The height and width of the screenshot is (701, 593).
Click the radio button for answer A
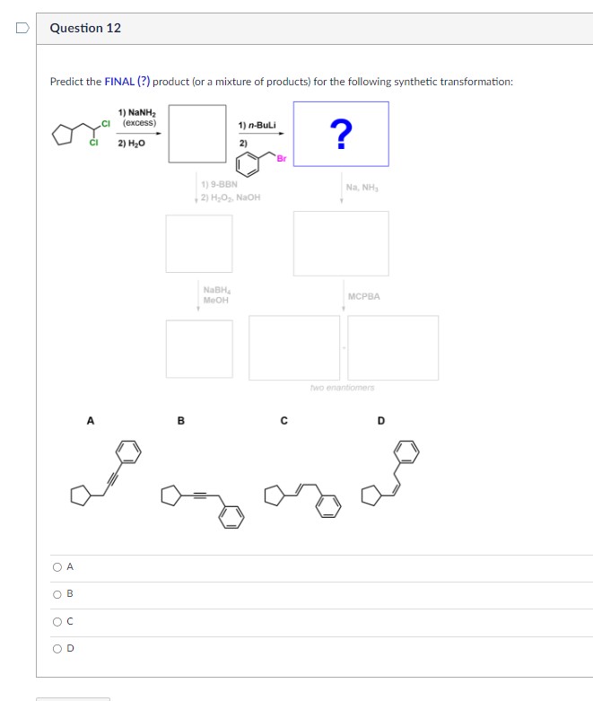57,566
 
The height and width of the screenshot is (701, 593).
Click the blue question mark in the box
341,135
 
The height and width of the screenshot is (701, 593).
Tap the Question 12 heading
85,28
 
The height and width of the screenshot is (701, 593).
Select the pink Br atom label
281,159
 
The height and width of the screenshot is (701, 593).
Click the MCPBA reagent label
362,296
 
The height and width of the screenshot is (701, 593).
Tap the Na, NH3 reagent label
362,187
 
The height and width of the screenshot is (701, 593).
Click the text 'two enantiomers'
342,388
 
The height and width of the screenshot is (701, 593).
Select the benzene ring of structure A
130,451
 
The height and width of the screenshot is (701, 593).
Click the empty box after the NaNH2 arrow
196,134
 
